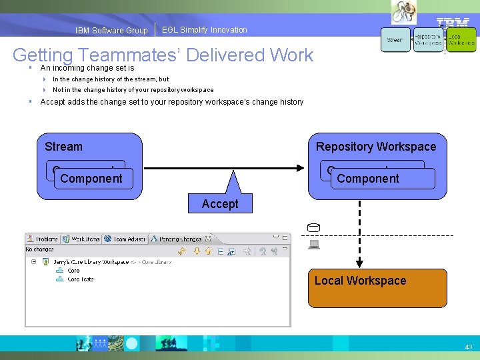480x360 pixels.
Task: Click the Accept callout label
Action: pyautogui.click(x=219, y=203)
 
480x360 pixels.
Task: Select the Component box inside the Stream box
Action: pyautogui.click(x=91, y=178)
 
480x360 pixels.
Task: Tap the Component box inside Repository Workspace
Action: pyautogui.click(x=368, y=178)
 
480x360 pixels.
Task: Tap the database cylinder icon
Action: pyautogui.click(x=314, y=228)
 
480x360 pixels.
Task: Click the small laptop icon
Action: pyautogui.click(x=314, y=245)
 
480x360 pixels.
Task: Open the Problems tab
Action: pyautogui.click(x=43, y=238)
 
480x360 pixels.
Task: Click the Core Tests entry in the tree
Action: pyautogui.click(x=80, y=279)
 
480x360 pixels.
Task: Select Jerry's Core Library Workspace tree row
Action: pyautogui.click(x=110, y=262)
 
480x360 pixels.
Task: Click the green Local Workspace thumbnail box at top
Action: pyautogui.click(x=461, y=40)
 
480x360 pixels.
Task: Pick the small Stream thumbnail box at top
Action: pyautogui.click(x=395, y=40)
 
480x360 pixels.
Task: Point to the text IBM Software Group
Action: pyautogui.click(x=111, y=31)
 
